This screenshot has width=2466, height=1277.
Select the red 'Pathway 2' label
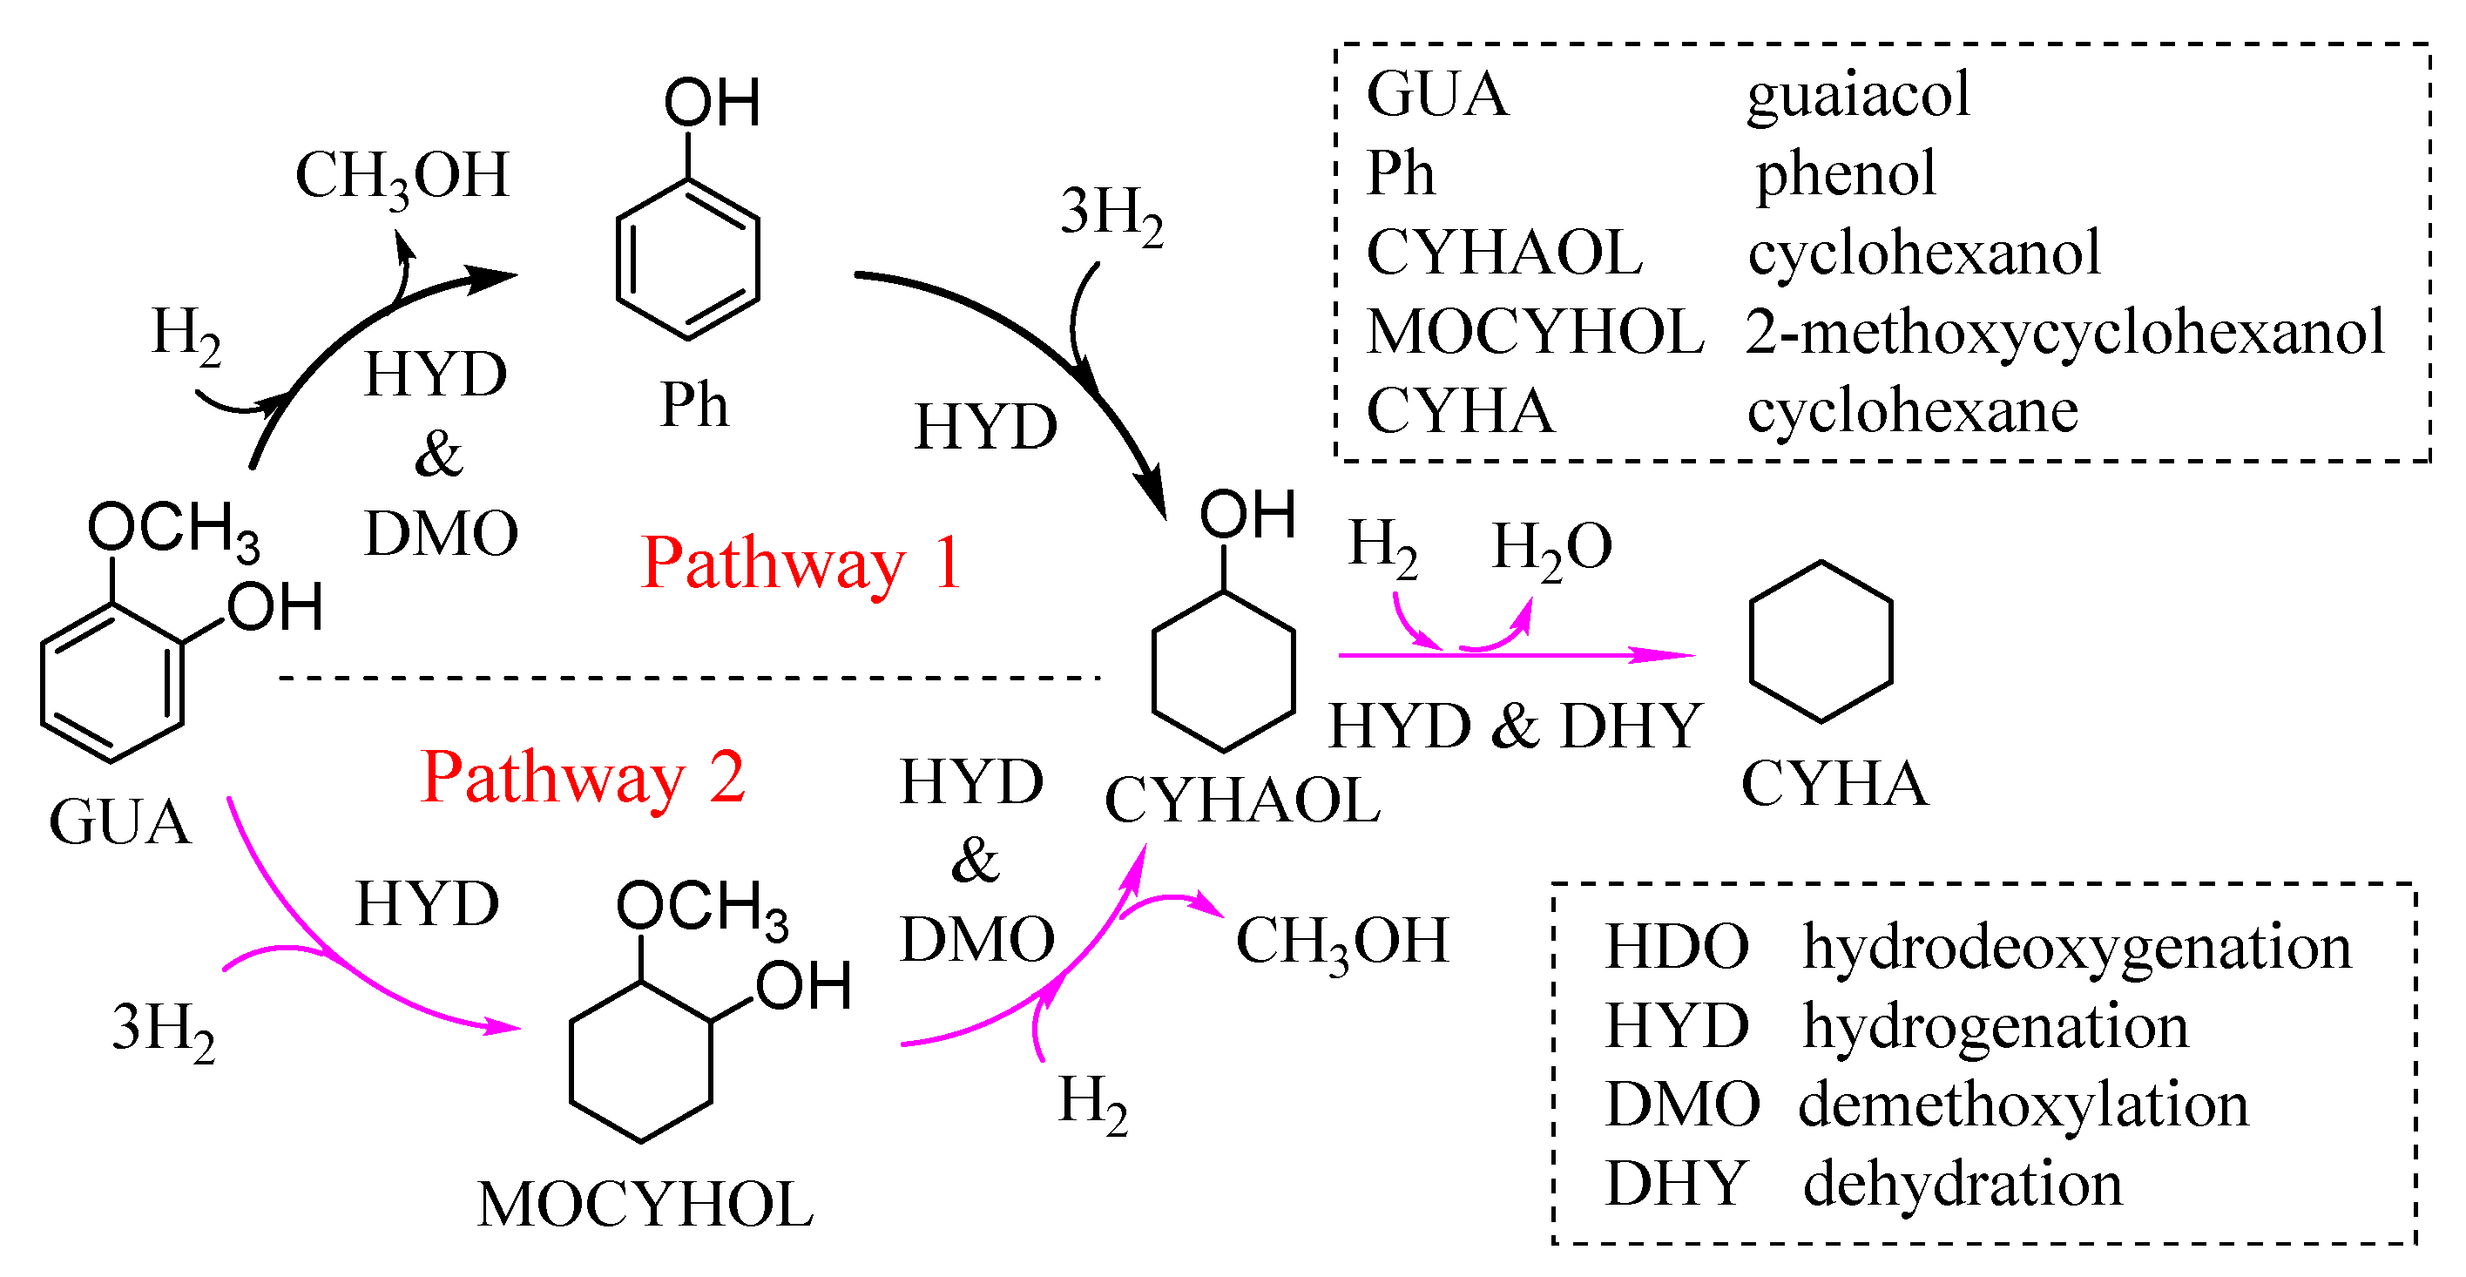pos(583,778)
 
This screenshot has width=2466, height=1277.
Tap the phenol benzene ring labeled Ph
pos(687,260)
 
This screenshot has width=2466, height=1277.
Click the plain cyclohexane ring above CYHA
pos(1821,642)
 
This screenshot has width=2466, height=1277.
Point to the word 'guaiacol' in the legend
pos(1858,96)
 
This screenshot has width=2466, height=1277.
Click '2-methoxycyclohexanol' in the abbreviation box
pos(2064,333)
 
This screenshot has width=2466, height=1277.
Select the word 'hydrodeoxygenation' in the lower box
pos(2077,948)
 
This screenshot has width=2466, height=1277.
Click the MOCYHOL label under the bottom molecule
pos(645,1204)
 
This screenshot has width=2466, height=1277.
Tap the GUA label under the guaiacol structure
pos(120,822)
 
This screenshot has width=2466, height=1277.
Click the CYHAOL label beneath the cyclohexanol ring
pos(1242,801)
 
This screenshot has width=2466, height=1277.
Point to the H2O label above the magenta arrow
pos(1551,549)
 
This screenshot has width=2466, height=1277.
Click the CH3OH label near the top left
pos(402,178)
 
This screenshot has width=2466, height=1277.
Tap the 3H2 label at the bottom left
pos(164,1029)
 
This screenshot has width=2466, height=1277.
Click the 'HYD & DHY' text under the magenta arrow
pos(1515,726)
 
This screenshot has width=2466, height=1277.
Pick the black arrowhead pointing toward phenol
pos(494,278)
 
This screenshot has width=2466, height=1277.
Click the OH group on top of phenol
pos(713,104)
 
